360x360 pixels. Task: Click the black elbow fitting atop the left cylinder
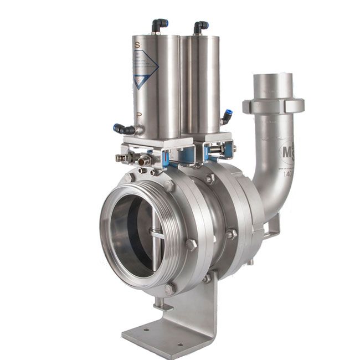(x=160, y=25)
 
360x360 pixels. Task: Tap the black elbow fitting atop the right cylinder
(x=200, y=26)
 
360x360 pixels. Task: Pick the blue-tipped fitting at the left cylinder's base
(x=123, y=128)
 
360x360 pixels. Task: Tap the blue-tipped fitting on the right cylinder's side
(x=227, y=116)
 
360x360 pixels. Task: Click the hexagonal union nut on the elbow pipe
(x=273, y=105)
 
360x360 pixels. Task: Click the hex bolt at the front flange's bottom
(x=169, y=289)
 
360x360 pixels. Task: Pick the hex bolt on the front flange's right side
(x=192, y=244)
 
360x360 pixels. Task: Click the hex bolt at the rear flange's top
(x=210, y=178)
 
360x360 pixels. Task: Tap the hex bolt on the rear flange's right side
(x=232, y=234)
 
